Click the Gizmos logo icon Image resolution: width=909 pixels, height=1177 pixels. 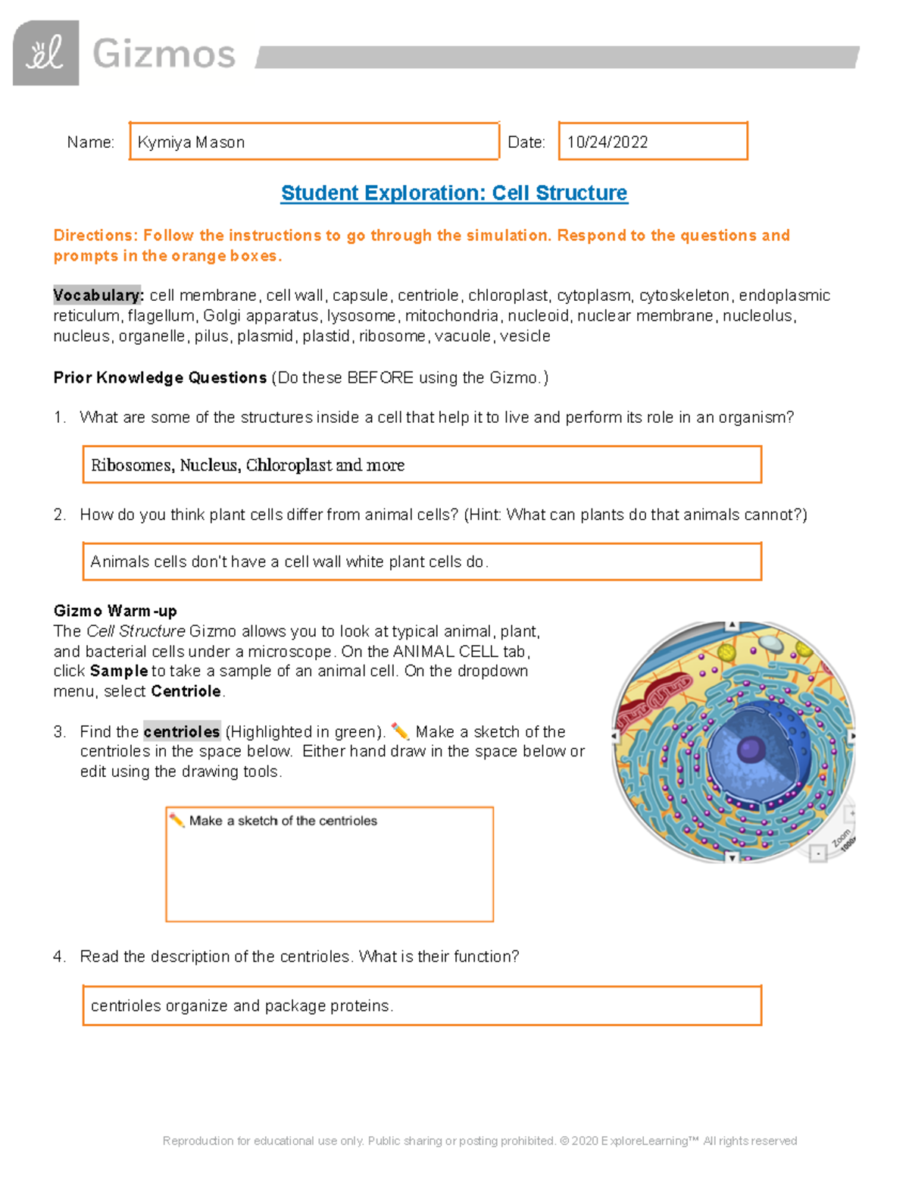point(45,53)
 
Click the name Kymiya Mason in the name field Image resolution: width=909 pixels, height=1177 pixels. point(191,142)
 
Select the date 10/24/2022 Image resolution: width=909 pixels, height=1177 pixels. point(608,142)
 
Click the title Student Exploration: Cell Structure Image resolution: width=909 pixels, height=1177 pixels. point(454,193)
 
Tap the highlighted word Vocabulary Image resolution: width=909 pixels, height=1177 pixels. point(97,295)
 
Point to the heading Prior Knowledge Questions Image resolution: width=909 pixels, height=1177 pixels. point(160,377)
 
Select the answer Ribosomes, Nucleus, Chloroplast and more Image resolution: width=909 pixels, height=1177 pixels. point(248,465)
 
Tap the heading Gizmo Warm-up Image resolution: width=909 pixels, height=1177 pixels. point(115,611)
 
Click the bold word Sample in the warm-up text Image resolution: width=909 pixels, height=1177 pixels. point(119,671)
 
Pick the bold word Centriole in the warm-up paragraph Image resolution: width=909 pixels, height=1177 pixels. point(186,691)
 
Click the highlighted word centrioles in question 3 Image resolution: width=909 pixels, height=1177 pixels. point(182,731)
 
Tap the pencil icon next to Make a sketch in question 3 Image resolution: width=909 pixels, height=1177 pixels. point(400,731)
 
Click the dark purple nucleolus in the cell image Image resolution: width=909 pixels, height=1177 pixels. point(751,750)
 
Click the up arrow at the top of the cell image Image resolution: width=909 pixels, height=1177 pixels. point(732,625)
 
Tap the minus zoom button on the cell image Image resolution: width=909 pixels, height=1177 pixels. point(817,853)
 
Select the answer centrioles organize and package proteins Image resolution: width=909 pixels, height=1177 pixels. point(242,1006)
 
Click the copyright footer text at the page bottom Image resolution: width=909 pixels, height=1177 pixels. point(479,1141)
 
